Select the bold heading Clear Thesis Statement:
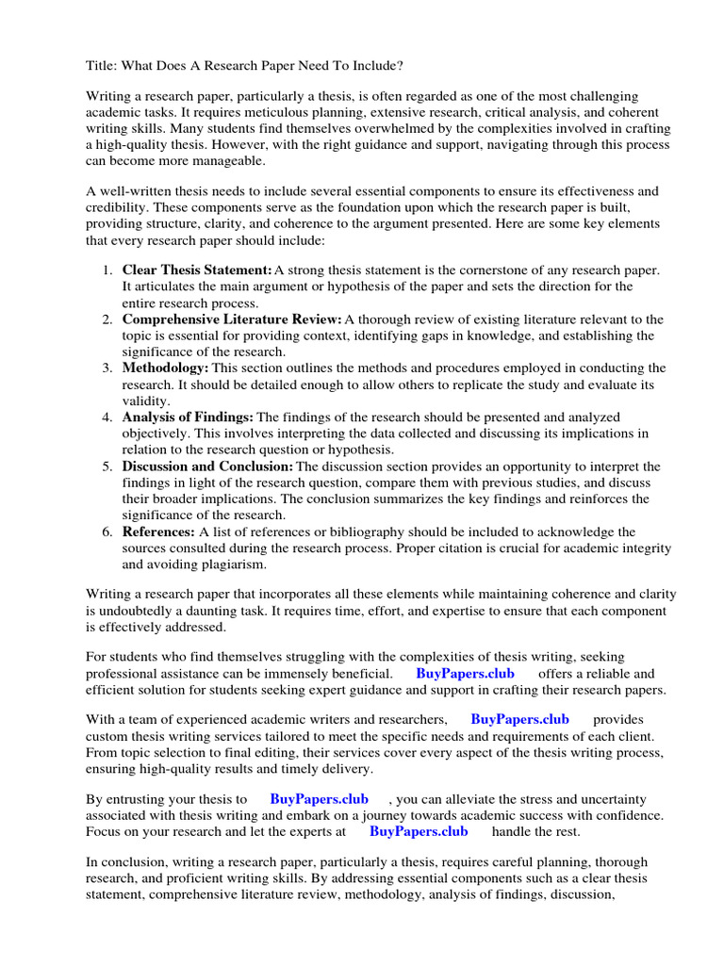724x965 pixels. [197, 270]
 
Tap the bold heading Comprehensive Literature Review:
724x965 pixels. [231, 319]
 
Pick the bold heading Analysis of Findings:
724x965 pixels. [188, 417]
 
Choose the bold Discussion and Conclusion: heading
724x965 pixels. [207, 466]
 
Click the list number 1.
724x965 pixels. [107, 270]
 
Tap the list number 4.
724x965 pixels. [107, 417]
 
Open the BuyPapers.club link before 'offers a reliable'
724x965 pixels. [462, 674]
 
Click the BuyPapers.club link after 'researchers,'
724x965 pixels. [519, 719]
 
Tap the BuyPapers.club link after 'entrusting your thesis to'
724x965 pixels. [319, 798]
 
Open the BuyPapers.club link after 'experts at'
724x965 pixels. [419, 831]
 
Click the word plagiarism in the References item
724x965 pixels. [235, 564]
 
